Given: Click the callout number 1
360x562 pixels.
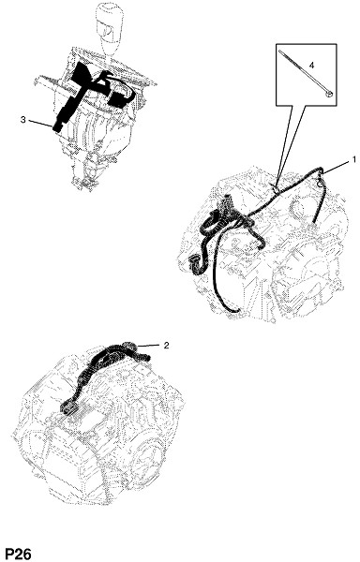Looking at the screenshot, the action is tap(354, 158).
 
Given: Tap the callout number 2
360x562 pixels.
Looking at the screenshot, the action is tap(166, 345).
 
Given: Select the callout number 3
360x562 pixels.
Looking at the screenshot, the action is tap(22, 120).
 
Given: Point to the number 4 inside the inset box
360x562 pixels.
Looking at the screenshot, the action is tap(311, 66).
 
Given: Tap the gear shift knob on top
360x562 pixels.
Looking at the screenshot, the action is tap(110, 29).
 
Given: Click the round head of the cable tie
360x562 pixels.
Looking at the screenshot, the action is tap(328, 95).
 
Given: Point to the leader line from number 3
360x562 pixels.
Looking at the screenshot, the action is tap(40, 123).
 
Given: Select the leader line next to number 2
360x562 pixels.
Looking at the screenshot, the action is tap(148, 346).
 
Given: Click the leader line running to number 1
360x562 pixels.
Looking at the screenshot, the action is tap(337, 167).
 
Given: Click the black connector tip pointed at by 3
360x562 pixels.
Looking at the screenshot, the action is tap(56, 127).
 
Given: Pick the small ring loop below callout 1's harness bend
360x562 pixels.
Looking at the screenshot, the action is tap(319, 183).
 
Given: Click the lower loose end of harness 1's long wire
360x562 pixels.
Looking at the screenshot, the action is tap(234, 310).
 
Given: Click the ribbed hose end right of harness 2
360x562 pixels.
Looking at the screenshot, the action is tap(144, 357).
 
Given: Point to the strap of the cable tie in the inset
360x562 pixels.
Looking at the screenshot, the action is tap(304, 73).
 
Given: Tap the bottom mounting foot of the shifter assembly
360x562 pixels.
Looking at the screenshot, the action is tap(84, 184).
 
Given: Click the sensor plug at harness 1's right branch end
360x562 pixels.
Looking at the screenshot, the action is tap(312, 228).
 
